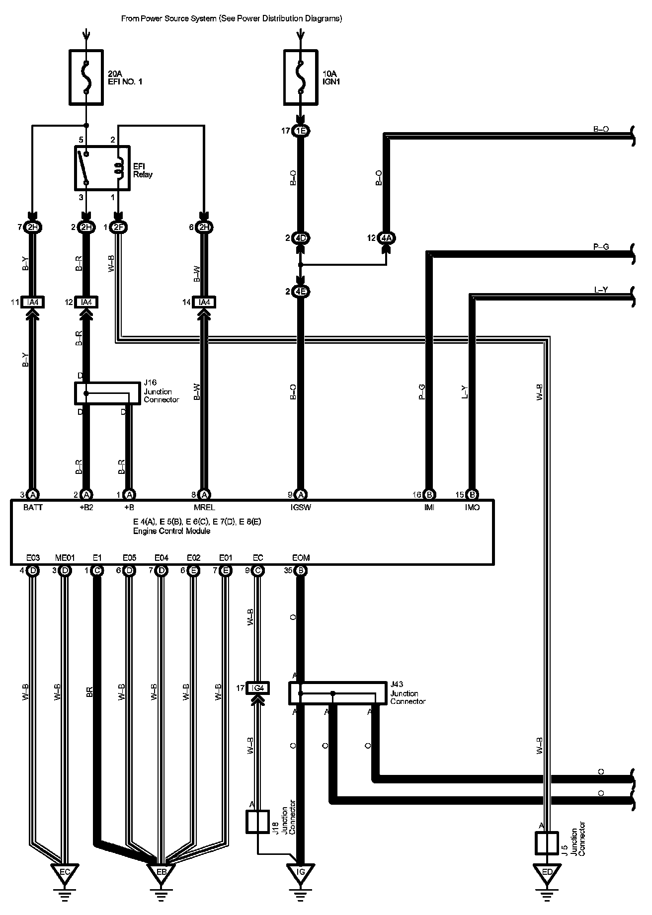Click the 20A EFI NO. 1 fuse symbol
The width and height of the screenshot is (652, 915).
point(86,77)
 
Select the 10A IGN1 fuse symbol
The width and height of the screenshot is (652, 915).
point(300,77)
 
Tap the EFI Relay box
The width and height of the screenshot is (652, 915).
point(102,168)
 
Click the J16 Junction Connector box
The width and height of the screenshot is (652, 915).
point(107,393)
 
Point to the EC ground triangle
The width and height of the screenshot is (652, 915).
point(64,873)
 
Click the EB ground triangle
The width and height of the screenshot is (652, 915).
point(160,873)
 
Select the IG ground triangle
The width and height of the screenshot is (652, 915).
point(300,873)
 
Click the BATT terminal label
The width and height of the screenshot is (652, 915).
point(33,508)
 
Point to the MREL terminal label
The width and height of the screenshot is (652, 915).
point(204,508)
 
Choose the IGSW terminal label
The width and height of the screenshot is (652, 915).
point(301,508)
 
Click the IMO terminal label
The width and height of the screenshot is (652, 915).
point(472,508)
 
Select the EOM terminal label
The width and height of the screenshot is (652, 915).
point(301,558)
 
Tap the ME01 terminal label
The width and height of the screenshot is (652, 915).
point(65,558)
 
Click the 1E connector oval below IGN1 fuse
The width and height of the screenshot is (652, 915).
point(300,132)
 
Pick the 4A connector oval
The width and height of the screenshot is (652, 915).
point(387,238)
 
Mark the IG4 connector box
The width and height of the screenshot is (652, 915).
point(257,688)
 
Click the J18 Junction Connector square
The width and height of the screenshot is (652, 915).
point(257,822)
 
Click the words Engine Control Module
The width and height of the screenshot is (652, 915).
point(171,531)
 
